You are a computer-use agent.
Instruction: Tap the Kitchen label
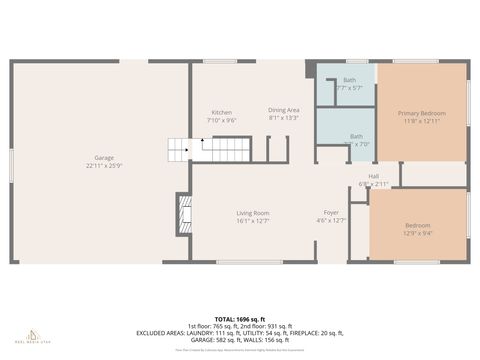(x=221, y=112)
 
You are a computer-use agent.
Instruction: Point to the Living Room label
(x=252, y=213)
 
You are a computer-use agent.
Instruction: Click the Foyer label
(x=330, y=213)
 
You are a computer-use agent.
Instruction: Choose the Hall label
(x=373, y=176)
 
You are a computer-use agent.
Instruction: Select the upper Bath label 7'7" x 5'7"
(x=349, y=80)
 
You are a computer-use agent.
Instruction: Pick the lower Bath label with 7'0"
(x=356, y=136)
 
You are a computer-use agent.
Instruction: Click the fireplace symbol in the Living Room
(x=183, y=211)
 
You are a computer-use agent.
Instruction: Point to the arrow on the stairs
(x=203, y=142)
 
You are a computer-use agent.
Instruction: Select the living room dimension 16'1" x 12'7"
(x=252, y=221)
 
